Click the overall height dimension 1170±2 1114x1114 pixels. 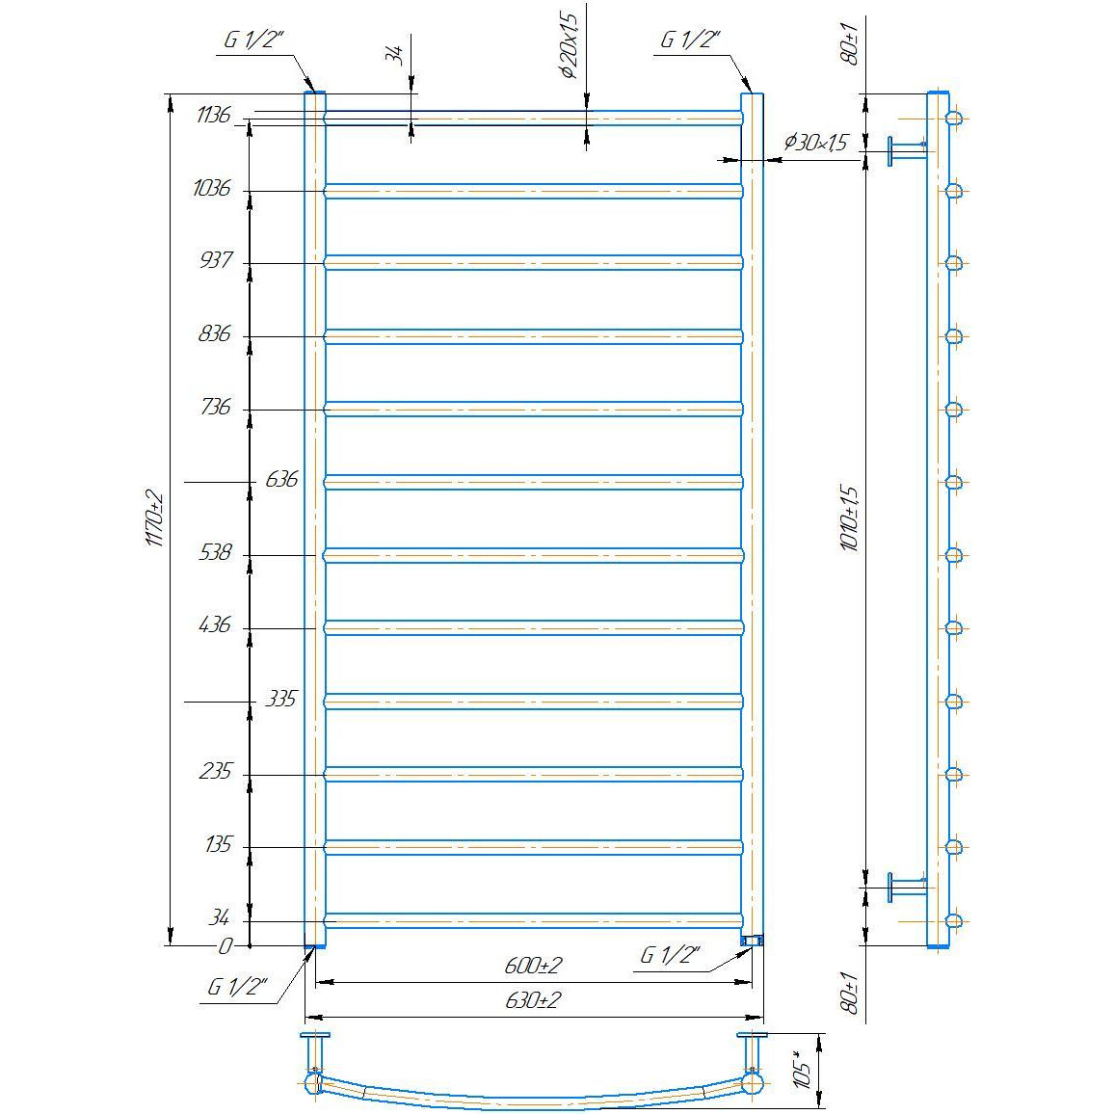click(155, 518)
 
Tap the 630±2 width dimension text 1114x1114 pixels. click(533, 1000)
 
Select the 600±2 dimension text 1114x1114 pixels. click(533, 966)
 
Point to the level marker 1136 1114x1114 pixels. click(214, 115)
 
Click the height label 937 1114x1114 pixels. click(215, 260)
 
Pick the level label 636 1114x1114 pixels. click(281, 480)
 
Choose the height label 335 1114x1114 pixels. click(280, 699)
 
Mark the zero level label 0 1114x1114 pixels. click(225, 946)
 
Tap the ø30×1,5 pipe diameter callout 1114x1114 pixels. click(816, 143)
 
